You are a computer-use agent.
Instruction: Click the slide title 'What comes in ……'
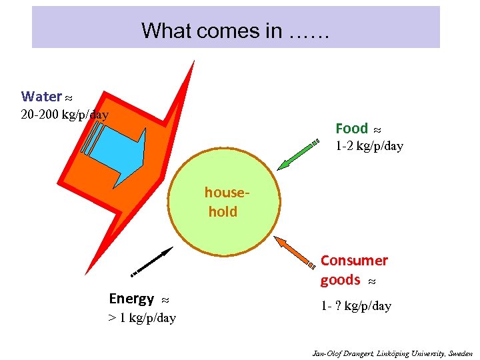tap(235, 31)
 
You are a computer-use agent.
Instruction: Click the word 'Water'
tap(41, 97)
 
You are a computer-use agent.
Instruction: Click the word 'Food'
tap(351, 128)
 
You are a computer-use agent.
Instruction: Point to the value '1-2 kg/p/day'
tap(369, 146)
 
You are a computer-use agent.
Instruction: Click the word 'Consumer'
tap(354, 260)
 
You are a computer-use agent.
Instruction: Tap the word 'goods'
tap(340, 280)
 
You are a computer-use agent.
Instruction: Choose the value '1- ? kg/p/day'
tap(355, 306)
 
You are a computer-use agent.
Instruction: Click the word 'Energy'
tap(131, 298)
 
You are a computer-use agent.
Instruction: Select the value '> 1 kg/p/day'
tap(142, 318)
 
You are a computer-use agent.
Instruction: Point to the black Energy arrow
tap(152, 261)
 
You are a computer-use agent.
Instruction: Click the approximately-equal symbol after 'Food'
tap(377, 129)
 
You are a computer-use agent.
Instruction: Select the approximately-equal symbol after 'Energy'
tap(165, 299)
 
